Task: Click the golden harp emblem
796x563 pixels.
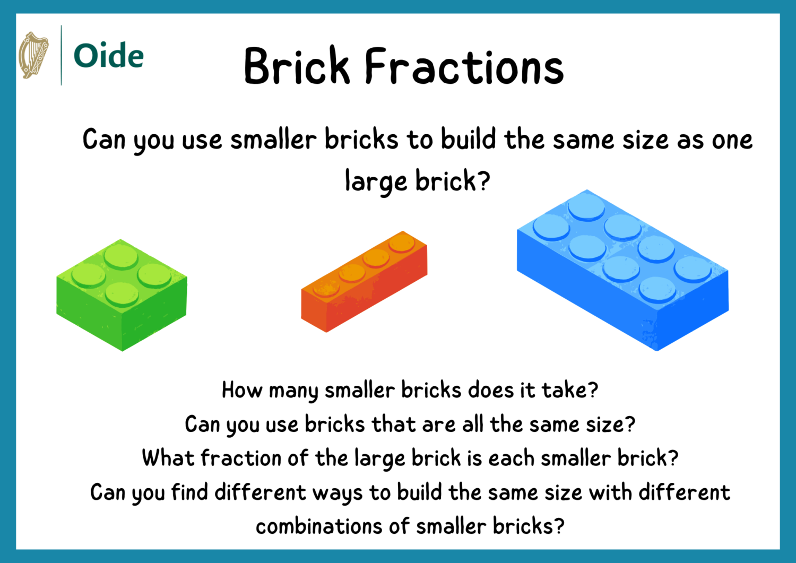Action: click(33, 55)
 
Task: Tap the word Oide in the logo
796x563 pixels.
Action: click(108, 56)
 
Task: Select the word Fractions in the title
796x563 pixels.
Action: click(464, 66)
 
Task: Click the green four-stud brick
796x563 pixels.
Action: click(122, 295)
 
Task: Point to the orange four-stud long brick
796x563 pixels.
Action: click(364, 281)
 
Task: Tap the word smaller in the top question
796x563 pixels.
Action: click(273, 140)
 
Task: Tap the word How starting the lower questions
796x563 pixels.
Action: click(241, 390)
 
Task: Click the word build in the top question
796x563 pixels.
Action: click(468, 140)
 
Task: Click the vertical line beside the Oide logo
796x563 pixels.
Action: click(61, 55)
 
